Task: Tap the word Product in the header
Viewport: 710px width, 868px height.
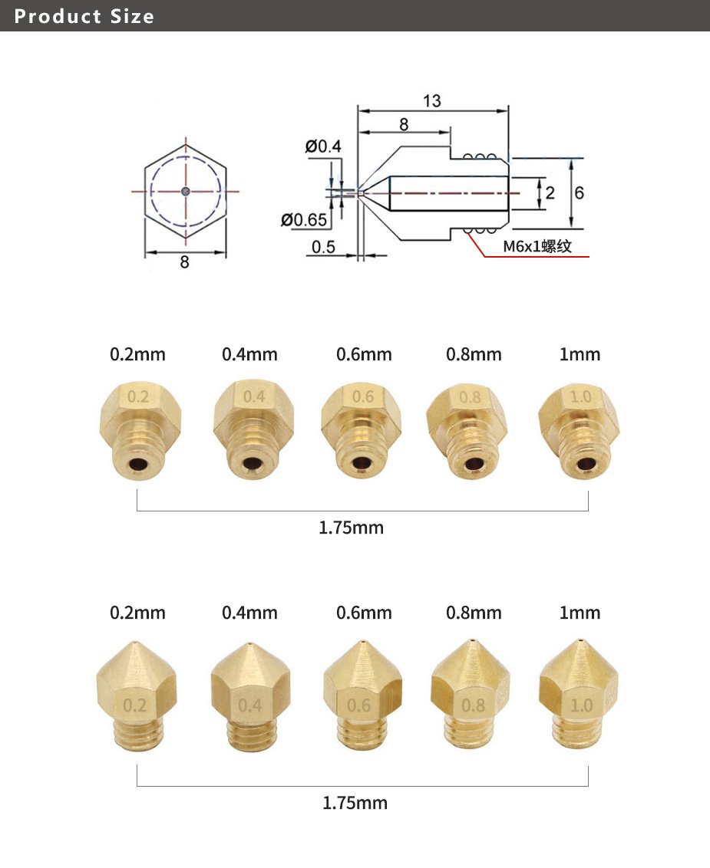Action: (58, 16)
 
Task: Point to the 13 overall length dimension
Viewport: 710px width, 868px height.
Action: (432, 101)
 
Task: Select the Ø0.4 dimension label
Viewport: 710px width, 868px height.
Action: (323, 146)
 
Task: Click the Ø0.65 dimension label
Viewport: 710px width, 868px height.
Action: (305, 220)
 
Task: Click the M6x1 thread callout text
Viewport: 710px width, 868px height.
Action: (537, 247)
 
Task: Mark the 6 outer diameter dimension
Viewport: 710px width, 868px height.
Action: (579, 192)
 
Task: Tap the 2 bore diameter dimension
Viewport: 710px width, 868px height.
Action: (550, 192)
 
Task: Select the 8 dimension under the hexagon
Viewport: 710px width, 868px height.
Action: (184, 261)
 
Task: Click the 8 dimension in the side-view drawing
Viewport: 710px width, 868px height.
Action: (404, 124)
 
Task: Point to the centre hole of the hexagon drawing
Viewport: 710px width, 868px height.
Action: (185, 192)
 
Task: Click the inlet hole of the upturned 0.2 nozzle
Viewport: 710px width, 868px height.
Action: (140, 465)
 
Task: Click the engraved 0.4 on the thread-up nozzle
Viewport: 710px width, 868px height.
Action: (253, 397)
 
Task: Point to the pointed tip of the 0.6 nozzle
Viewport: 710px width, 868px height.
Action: (362, 640)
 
